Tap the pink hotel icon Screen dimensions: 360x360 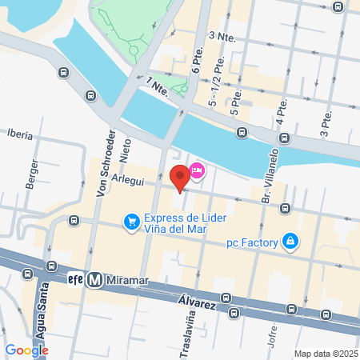coord(197,170)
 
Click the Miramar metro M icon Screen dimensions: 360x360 coord(95,280)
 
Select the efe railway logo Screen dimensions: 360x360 coord(76,280)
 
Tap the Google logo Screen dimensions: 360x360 coord(26,350)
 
